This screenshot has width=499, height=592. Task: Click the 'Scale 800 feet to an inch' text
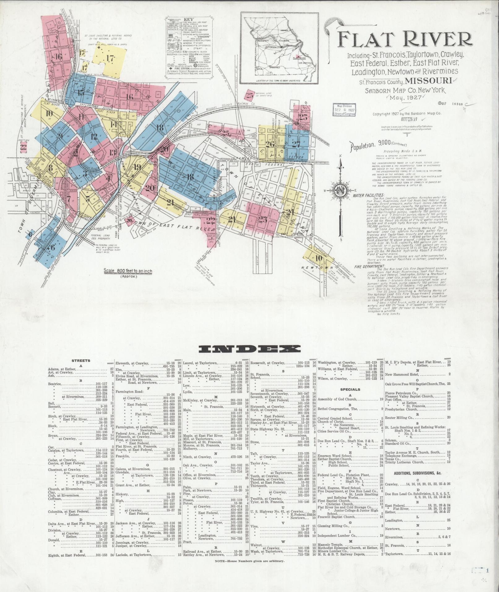[x=128, y=271]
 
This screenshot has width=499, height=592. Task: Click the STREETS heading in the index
[x=81, y=361]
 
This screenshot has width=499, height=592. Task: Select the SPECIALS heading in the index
[x=350, y=389]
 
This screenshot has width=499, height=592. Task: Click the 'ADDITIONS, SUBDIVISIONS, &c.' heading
[x=417, y=473]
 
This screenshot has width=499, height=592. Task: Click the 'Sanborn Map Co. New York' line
[x=405, y=91]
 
